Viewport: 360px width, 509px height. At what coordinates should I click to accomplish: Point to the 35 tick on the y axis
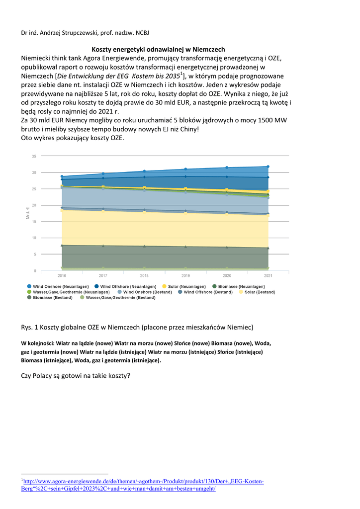tap(34, 156)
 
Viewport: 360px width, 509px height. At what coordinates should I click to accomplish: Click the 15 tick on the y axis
tap(34, 221)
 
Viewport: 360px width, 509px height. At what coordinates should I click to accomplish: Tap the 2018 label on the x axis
tap(144, 275)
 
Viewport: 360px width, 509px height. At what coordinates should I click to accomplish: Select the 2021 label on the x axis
tap(268, 275)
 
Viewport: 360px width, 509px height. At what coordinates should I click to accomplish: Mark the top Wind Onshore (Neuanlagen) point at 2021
tap(268, 167)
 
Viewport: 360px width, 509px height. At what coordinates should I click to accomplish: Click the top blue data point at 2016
tap(62, 176)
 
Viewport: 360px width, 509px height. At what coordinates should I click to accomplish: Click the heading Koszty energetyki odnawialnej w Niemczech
tap(159, 50)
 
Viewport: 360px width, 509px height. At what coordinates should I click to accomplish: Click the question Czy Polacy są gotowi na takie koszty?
tap(76, 375)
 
